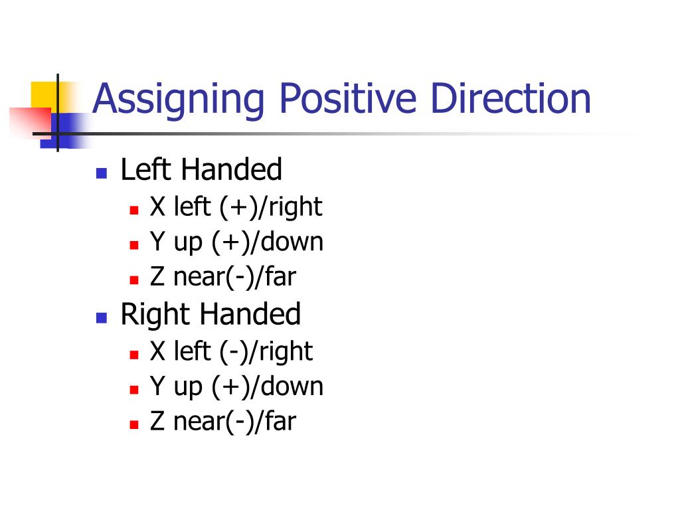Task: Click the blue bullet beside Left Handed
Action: pyautogui.click(x=102, y=174)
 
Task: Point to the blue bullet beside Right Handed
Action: pyautogui.click(x=102, y=317)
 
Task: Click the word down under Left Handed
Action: pyautogui.click(x=292, y=242)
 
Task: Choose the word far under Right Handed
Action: pyautogui.click(x=280, y=422)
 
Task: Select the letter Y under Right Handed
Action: pyautogui.click(x=157, y=386)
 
